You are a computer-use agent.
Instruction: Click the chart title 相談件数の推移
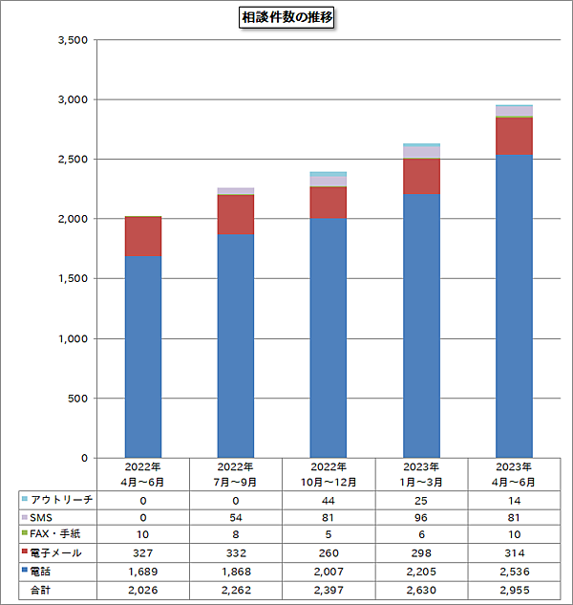point(286,17)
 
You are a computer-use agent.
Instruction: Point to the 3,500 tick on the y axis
point(73,40)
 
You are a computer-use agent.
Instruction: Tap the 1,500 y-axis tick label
point(73,279)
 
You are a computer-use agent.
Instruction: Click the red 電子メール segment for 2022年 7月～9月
point(236,215)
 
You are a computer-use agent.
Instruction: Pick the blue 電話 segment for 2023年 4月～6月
point(514,306)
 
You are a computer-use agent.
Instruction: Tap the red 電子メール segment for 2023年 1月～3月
point(421,177)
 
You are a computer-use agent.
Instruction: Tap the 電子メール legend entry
point(58,552)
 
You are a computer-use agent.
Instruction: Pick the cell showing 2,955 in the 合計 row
point(514,588)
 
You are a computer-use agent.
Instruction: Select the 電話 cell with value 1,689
point(143,571)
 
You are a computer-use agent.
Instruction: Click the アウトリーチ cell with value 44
point(329,500)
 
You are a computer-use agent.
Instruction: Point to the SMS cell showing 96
point(421,517)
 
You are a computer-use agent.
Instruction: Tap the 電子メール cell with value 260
point(329,552)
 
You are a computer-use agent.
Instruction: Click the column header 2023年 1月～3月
point(421,475)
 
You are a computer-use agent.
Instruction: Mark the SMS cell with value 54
point(236,517)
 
